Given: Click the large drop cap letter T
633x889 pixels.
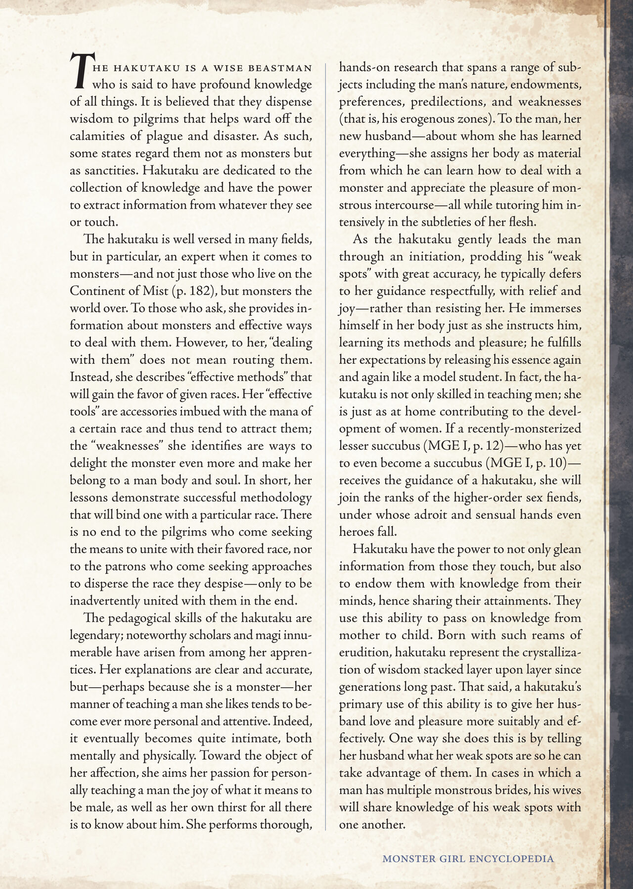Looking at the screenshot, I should [80, 72].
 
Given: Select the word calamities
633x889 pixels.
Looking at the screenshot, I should [94, 136].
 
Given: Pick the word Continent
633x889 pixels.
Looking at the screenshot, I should [97, 291].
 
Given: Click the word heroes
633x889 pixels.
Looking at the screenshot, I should [354, 532].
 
